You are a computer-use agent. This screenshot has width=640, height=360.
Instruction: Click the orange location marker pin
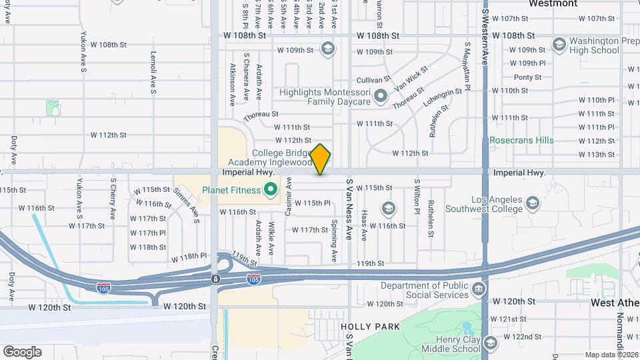click(x=321, y=159)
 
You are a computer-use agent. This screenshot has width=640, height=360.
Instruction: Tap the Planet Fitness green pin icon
click(x=270, y=191)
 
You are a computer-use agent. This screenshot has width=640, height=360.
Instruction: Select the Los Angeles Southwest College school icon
click(x=533, y=202)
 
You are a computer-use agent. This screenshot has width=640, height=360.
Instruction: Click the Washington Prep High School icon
click(x=559, y=45)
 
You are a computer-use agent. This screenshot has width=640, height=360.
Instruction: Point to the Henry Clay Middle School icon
click(x=491, y=343)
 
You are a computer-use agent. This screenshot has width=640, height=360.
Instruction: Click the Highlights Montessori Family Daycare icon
click(x=381, y=97)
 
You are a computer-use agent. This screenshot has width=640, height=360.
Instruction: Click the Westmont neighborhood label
click(x=553, y=4)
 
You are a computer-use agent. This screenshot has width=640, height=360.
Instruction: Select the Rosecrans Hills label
click(x=521, y=141)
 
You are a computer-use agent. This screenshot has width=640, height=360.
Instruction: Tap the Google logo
click(x=22, y=351)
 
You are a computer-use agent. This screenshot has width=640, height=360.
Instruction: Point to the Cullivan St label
click(x=373, y=79)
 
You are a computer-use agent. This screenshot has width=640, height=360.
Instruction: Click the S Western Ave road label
click(x=486, y=37)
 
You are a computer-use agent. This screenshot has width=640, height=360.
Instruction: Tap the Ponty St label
click(x=527, y=77)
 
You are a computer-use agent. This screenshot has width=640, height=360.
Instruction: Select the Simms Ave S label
click(x=187, y=201)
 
